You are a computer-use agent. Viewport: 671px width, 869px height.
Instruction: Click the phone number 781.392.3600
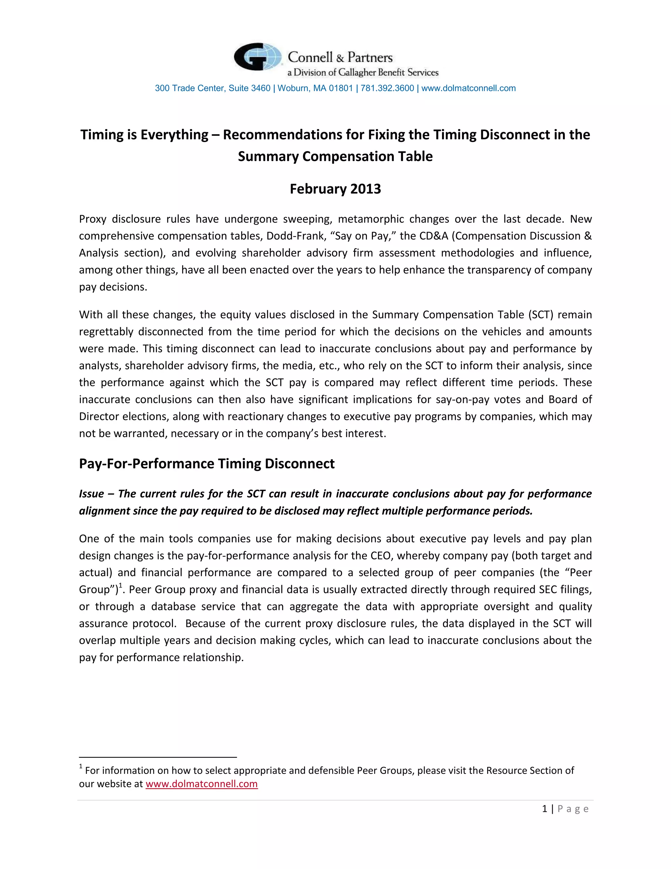(x=387, y=88)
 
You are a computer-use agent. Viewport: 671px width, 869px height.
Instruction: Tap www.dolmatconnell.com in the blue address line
(x=468, y=88)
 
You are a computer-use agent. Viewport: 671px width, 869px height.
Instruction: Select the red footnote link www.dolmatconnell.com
(x=201, y=784)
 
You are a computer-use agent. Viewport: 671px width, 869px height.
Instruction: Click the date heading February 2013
(x=335, y=189)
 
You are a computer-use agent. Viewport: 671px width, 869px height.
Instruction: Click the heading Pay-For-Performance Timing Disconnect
(x=207, y=464)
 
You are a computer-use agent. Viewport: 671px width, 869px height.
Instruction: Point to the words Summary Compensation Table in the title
(x=335, y=156)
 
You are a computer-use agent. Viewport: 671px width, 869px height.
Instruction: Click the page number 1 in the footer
(x=545, y=809)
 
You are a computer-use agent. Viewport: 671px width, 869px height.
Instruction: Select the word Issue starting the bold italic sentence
(x=91, y=494)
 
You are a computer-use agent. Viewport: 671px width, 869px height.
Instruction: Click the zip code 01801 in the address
(x=341, y=88)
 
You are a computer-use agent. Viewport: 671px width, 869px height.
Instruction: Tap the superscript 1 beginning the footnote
(x=81, y=766)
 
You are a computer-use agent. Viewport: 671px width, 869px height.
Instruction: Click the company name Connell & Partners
(x=340, y=57)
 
